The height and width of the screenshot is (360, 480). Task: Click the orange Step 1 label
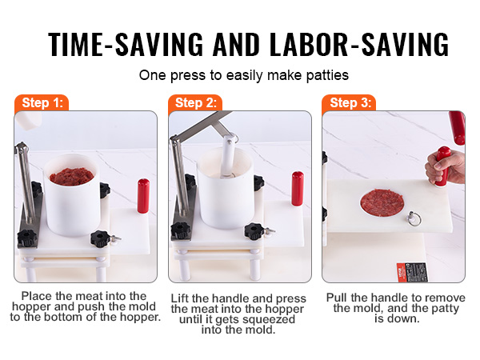click(42, 103)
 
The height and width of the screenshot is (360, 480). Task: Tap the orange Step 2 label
click(195, 103)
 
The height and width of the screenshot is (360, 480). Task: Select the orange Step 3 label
click(349, 103)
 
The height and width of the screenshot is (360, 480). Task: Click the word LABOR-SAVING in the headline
click(359, 44)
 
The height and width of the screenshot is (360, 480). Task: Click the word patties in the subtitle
click(327, 75)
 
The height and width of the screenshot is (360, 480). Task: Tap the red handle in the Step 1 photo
click(143, 196)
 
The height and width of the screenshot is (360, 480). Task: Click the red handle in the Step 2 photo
click(298, 189)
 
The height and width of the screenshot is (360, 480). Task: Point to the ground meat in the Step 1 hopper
click(72, 177)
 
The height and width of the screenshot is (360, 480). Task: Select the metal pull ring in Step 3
click(414, 218)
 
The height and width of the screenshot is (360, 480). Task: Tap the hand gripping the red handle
click(444, 167)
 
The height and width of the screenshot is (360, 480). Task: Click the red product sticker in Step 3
click(412, 272)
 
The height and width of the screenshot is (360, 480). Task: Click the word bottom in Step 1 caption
click(63, 317)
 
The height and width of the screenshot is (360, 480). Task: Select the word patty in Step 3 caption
click(444, 308)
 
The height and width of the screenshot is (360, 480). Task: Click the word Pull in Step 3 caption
click(337, 298)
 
